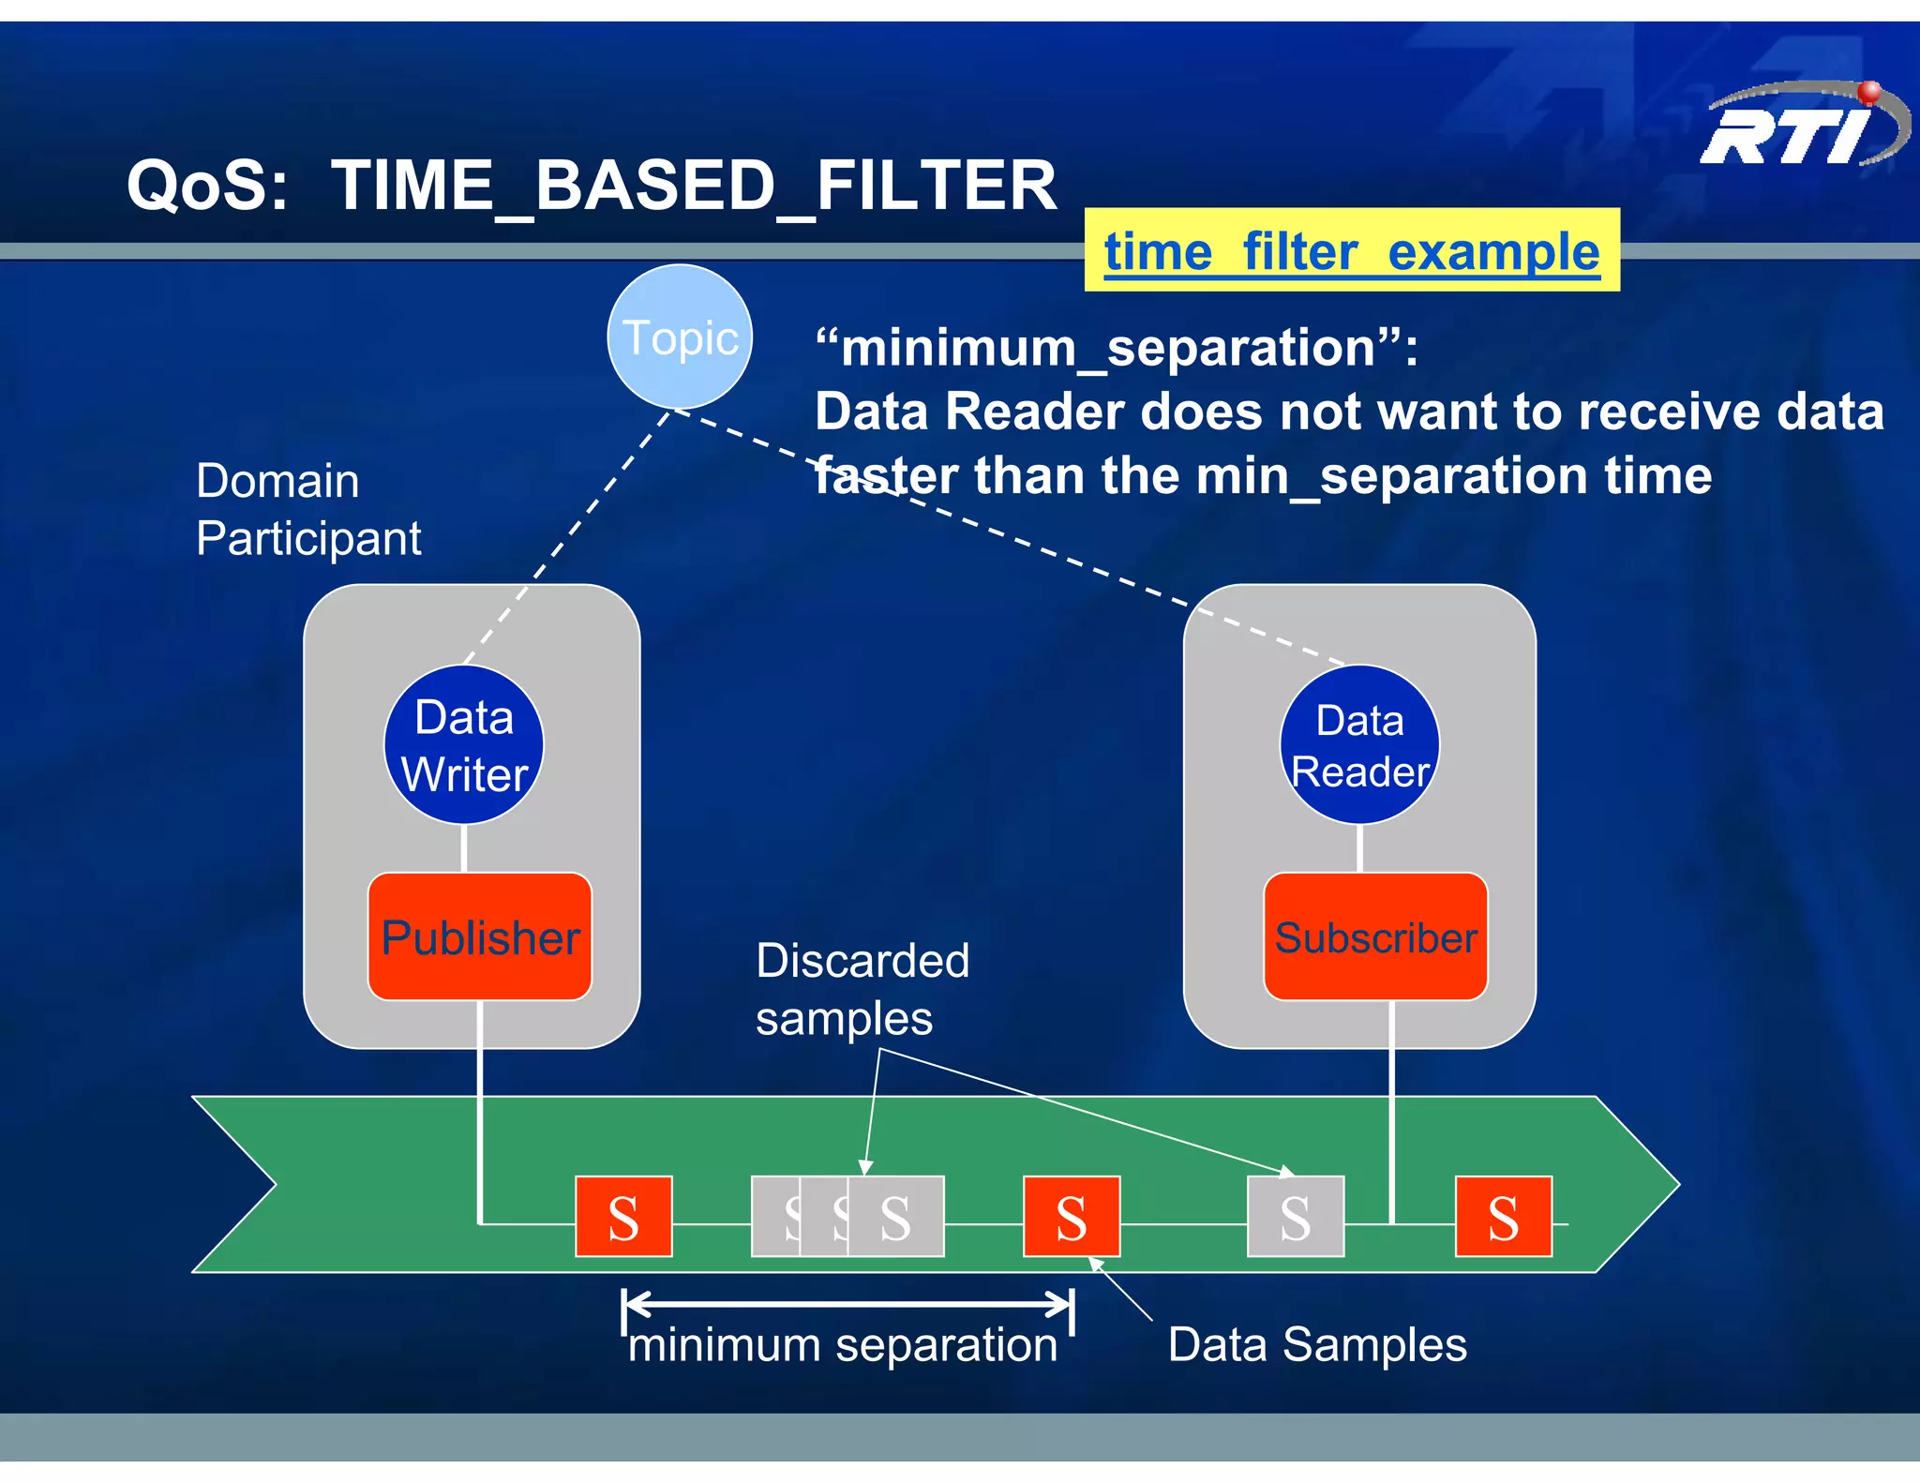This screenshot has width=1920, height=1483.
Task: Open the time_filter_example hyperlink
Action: point(1351,251)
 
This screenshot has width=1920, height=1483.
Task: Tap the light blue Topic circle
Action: point(680,337)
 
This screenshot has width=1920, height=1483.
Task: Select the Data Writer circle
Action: point(464,745)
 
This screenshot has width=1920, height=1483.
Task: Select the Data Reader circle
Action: point(1359,745)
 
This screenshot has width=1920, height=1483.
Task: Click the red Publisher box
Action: point(480,936)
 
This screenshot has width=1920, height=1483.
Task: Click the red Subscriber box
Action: point(1375,936)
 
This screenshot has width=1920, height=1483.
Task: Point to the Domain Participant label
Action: point(307,509)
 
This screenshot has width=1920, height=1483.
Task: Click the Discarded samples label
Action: point(861,989)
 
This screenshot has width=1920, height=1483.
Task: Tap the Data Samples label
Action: point(1316,1344)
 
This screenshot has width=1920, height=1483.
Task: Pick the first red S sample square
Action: point(623,1217)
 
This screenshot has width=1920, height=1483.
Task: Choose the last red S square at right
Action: point(1503,1217)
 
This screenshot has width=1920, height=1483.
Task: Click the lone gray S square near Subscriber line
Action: point(1295,1217)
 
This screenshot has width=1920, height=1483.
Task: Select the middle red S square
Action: point(1071,1217)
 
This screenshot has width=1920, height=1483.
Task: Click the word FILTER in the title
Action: point(936,186)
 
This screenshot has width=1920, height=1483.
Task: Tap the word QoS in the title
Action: point(207,186)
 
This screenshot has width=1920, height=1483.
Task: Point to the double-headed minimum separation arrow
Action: point(847,1303)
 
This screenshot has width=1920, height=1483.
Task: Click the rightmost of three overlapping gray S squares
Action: point(896,1217)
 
